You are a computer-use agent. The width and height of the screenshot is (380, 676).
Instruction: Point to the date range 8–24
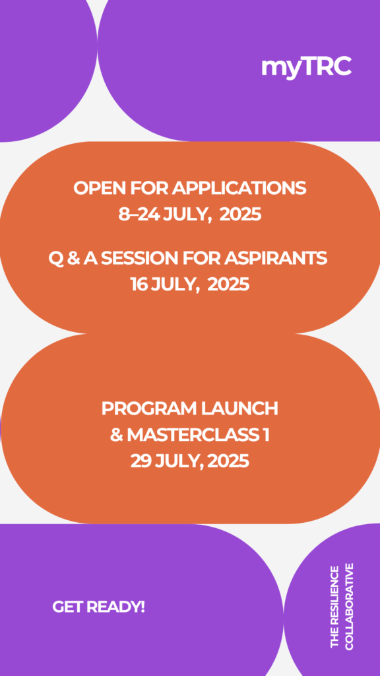point(140,214)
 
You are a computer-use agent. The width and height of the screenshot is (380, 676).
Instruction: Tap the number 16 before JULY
point(139,285)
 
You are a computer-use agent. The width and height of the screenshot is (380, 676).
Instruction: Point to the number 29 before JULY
point(140,461)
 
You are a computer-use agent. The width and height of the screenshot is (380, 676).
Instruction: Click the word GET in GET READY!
point(68,607)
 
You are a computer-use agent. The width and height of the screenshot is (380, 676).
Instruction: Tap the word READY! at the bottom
point(115,607)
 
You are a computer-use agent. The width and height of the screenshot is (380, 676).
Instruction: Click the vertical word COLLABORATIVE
point(349,606)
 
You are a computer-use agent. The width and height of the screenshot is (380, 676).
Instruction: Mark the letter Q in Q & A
point(55,259)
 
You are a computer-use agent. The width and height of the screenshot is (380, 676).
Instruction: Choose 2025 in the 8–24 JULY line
point(240,214)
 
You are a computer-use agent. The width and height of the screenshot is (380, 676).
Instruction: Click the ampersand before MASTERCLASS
point(116,435)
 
